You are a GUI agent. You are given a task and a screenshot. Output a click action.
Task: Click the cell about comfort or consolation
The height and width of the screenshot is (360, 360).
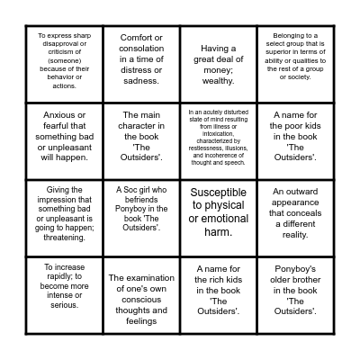[x=141, y=59]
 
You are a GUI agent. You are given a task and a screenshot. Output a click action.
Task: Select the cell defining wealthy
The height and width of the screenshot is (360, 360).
[x=218, y=59]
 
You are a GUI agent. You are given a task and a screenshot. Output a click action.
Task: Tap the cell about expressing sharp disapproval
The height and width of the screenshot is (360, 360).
[x=65, y=59]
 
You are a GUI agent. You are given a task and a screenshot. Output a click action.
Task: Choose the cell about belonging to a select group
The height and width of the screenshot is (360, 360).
[x=294, y=59]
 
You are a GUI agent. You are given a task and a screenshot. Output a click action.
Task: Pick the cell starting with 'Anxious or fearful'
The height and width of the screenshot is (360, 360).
[x=65, y=136]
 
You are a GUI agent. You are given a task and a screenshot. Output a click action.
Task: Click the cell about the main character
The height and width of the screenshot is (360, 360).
[x=141, y=136]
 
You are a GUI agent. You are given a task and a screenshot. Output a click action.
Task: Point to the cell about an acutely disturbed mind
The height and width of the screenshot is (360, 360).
[x=218, y=136]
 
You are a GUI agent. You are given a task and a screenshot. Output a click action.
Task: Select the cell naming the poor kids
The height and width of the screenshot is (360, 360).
[x=294, y=136]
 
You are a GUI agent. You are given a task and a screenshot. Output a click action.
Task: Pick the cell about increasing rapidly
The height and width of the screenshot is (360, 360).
[x=65, y=289]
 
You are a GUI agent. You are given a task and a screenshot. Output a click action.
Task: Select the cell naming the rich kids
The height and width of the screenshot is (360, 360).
[x=218, y=289]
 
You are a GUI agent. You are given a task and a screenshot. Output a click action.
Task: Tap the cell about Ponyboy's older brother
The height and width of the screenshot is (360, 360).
[x=294, y=289]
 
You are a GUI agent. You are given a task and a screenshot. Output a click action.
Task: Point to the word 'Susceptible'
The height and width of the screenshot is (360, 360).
[x=219, y=193]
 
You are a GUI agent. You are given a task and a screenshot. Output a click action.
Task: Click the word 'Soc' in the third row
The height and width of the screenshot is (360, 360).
[x=133, y=191]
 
